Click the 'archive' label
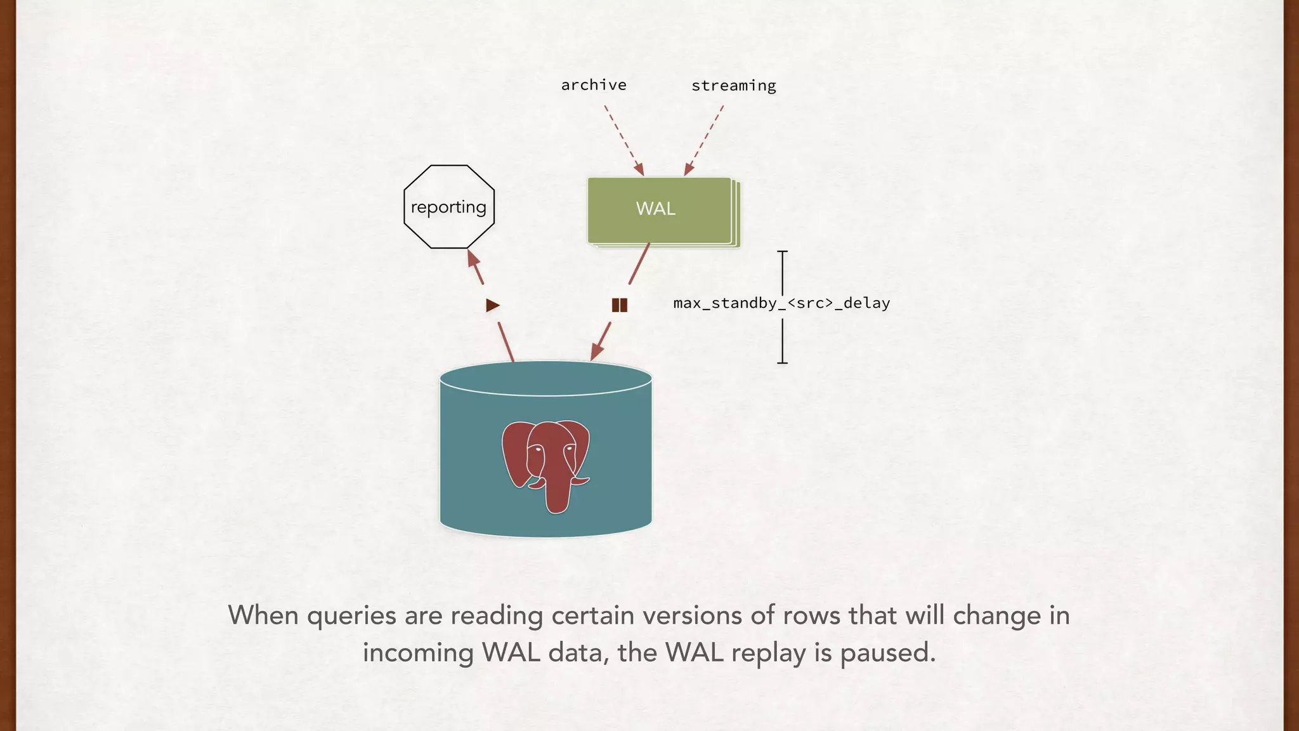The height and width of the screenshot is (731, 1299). [x=594, y=85]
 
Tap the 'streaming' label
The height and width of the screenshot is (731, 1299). [x=733, y=86]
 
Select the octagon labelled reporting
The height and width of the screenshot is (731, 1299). [x=449, y=207]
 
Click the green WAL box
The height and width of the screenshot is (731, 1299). [x=658, y=209]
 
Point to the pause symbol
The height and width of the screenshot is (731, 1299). [x=620, y=305]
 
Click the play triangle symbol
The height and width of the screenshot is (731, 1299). [x=493, y=305]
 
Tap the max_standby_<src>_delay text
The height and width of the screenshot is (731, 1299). [x=781, y=303]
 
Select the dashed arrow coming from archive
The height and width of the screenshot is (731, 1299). [x=623, y=140]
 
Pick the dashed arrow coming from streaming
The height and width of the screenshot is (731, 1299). [x=704, y=140]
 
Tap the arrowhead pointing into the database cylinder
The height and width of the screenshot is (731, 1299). [x=596, y=352]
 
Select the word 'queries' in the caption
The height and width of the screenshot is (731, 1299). [x=351, y=616]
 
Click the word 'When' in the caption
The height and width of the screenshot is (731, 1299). [x=263, y=616]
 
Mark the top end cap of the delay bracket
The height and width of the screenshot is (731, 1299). [x=783, y=252]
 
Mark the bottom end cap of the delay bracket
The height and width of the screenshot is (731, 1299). [x=783, y=363]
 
